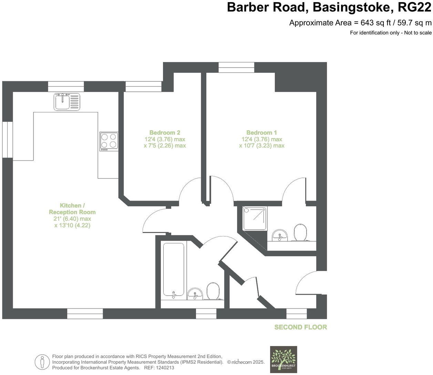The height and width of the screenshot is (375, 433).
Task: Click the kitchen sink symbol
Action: pyautogui.click(x=67, y=101)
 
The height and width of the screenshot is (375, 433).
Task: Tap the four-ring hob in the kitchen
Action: pyautogui.click(x=109, y=141)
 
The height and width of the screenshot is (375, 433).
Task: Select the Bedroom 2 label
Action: pyautogui.click(x=165, y=133)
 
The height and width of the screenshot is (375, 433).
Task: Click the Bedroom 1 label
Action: pyautogui.click(x=261, y=133)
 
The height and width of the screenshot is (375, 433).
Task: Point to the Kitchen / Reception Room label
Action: pyautogui.click(x=72, y=209)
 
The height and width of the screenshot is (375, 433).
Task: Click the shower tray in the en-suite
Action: pyautogui.click(x=255, y=219)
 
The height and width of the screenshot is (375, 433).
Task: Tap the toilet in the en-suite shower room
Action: pyautogui.click(x=300, y=233)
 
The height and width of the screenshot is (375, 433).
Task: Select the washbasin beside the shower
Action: pyautogui.click(x=280, y=235)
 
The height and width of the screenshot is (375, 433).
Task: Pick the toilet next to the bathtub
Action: pyautogui.click(x=213, y=291)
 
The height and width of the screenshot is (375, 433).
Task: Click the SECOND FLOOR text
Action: pyautogui.click(x=300, y=327)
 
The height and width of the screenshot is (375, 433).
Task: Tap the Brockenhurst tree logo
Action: pyautogui.click(x=283, y=359)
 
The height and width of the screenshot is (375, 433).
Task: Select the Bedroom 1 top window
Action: pyautogui.click(x=236, y=67)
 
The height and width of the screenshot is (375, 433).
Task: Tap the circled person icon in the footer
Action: pyautogui.click(x=42, y=362)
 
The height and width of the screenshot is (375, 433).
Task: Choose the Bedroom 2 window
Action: pyautogui.click(x=143, y=86)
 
